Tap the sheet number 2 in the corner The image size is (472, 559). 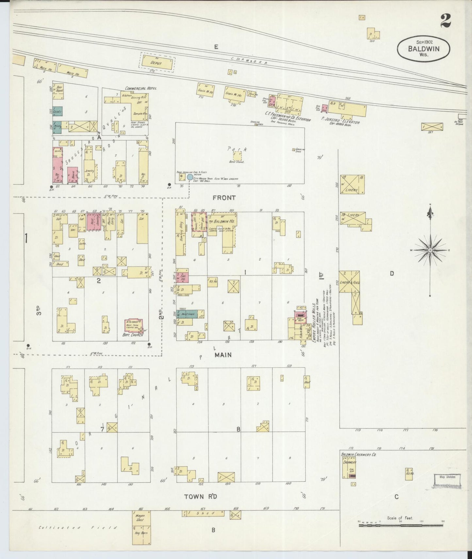point(445,21)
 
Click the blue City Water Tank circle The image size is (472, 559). point(190,177)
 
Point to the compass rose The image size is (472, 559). point(430,250)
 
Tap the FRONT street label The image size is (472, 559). point(224,198)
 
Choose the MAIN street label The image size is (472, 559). point(223,355)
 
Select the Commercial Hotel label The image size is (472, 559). point(140,88)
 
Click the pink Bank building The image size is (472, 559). point(73,175)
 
